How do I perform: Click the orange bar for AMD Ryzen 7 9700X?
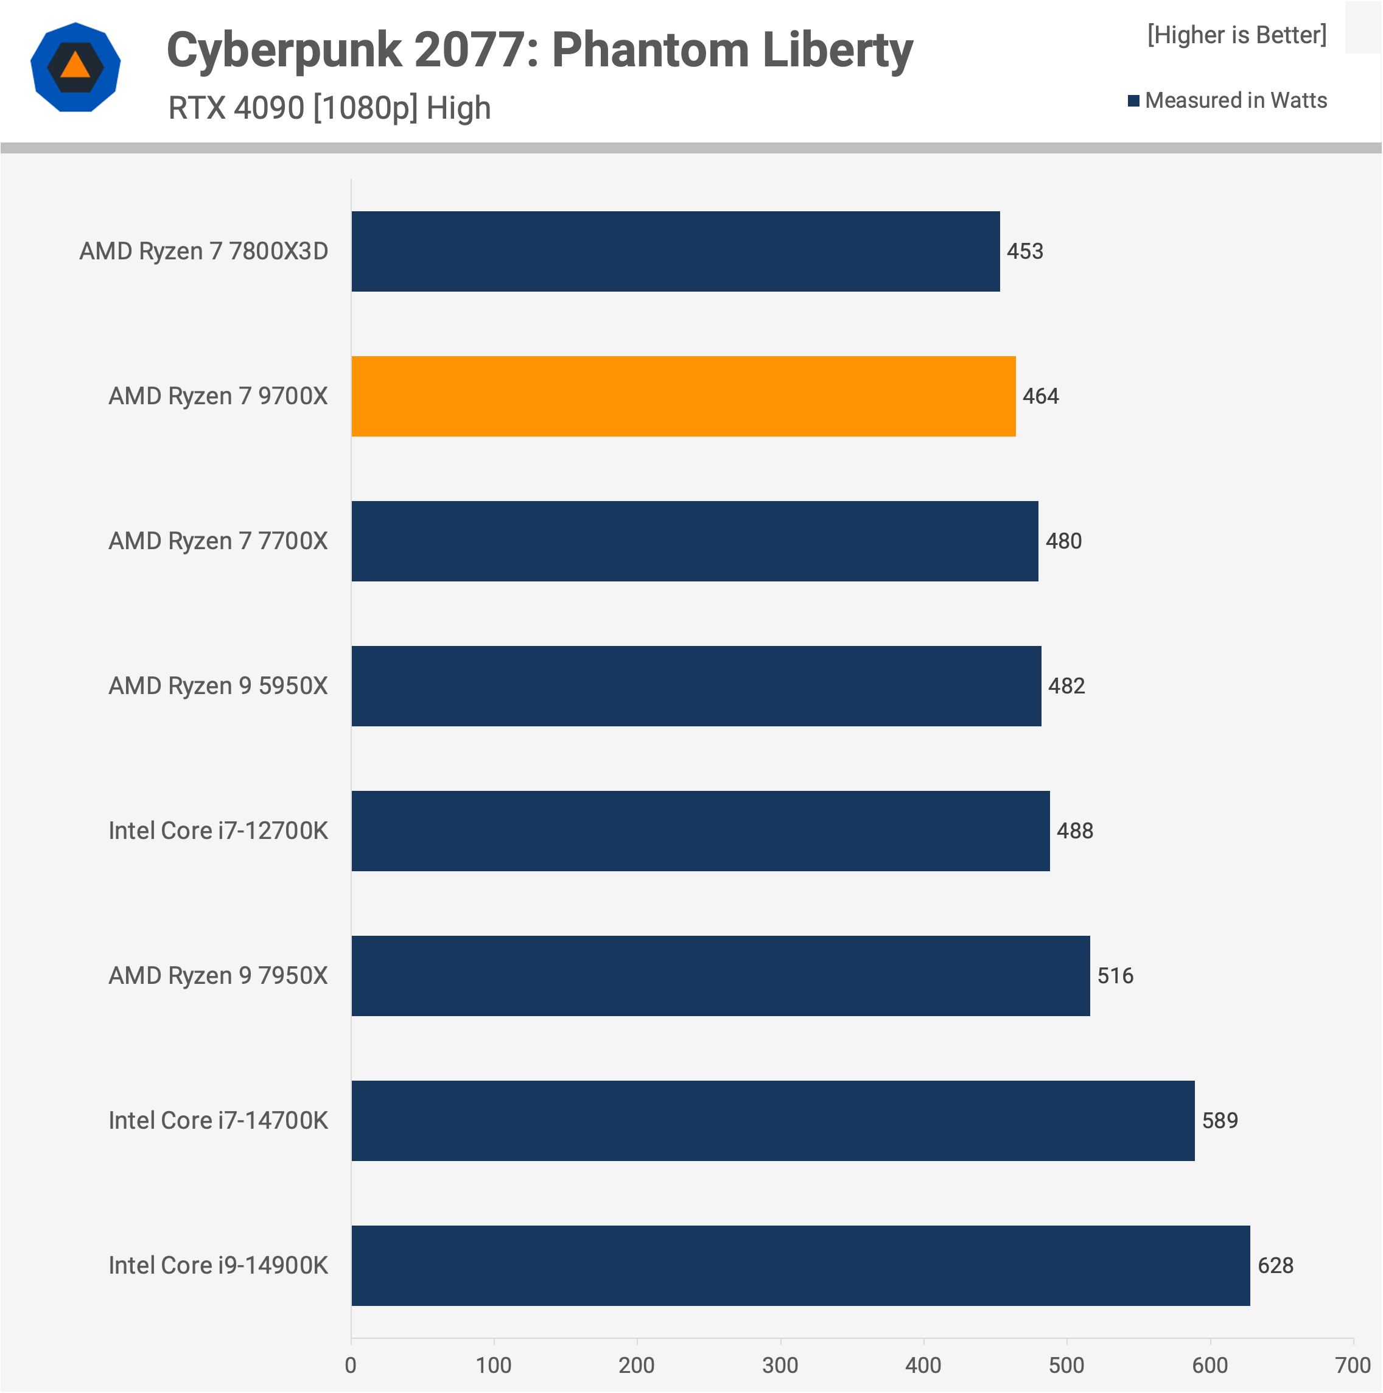[x=683, y=396]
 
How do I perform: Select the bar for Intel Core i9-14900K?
[x=800, y=1265]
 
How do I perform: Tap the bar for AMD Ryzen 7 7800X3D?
[x=675, y=251]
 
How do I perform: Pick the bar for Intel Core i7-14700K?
[x=772, y=1120]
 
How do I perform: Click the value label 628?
[x=1275, y=1265]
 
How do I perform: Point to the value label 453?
[x=1024, y=251]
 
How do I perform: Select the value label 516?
[x=1115, y=975]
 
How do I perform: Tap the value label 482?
[x=1066, y=686]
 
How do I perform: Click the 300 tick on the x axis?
[x=780, y=1365]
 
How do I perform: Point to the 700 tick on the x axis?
[x=1352, y=1365]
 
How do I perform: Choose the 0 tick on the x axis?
[x=351, y=1365]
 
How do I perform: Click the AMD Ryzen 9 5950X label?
[x=218, y=686]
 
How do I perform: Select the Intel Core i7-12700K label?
[x=218, y=830]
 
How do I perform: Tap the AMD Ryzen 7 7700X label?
[x=218, y=541]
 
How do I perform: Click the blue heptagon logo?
[x=75, y=67]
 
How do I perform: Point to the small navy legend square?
[x=1133, y=100]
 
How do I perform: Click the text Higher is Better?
[x=1237, y=35]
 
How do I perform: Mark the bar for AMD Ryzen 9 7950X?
[x=720, y=975]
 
